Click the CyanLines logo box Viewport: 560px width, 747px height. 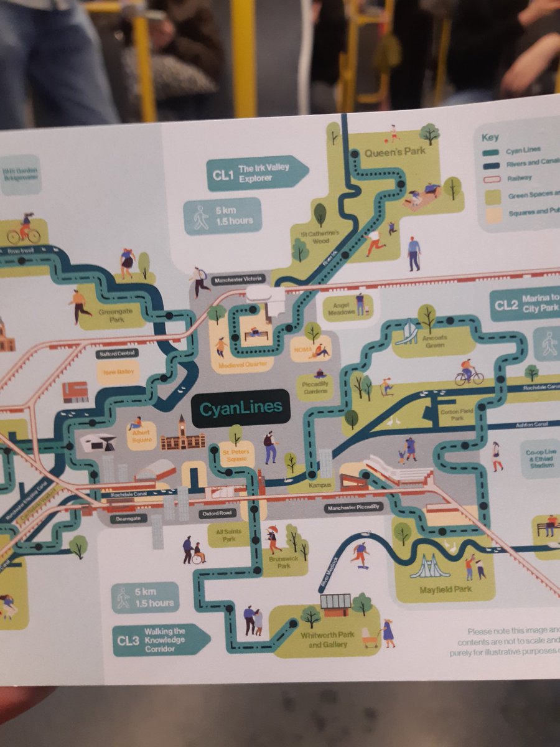(241, 408)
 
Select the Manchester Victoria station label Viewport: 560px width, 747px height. (238, 280)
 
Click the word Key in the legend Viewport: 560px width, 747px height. (490, 138)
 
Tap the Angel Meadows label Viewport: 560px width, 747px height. (344, 308)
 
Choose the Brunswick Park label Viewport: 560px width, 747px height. (284, 562)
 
